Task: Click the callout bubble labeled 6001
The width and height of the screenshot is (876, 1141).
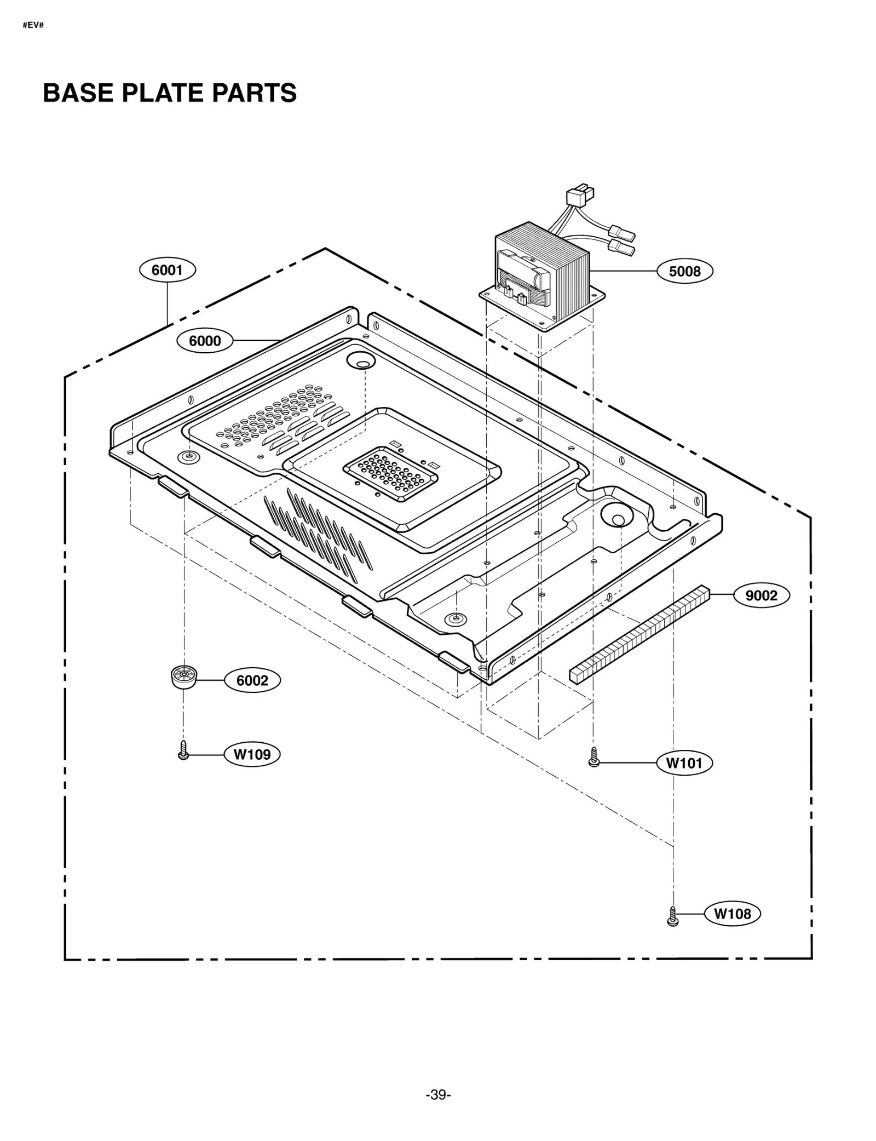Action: [x=167, y=270]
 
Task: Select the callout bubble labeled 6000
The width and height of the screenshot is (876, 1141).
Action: [x=205, y=341]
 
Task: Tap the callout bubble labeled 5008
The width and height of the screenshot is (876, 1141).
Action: [x=684, y=271]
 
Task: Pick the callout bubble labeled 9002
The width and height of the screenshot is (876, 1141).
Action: [x=761, y=595]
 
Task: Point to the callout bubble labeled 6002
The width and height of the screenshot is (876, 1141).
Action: [x=252, y=680]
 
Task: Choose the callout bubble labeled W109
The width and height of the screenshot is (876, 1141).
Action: [x=252, y=754]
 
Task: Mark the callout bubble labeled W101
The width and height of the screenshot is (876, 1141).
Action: [x=684, y=763]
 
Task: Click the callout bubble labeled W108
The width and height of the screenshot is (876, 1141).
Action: [x=732, y=914]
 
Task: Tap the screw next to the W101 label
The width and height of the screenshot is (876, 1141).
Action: [x=593, y=757]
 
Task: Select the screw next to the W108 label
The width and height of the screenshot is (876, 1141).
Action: [x=673, y=916]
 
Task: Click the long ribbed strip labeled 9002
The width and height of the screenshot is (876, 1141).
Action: [x=639, y=634]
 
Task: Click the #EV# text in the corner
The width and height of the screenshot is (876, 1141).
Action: [x=33, y=26]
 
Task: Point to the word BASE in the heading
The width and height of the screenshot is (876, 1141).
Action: [x=78, y=93]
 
